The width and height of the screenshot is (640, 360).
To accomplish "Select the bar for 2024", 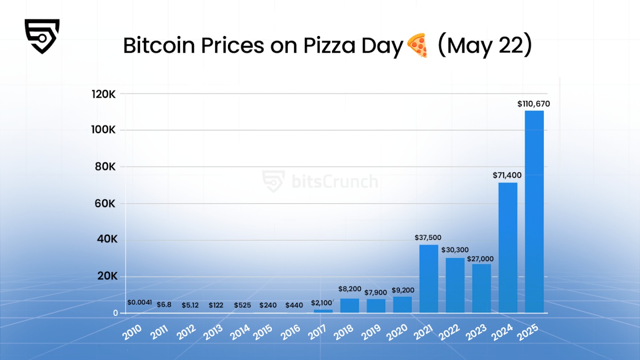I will (508, 248).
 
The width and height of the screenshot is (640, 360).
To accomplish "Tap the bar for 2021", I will (428, 279).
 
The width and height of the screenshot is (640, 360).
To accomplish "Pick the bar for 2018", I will (350, 305).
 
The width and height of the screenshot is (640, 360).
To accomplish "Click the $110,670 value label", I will (534, 104).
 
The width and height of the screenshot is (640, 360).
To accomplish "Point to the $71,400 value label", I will (507, 176).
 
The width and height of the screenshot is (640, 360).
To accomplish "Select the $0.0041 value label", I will (140, 303).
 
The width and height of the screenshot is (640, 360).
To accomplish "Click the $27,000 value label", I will (480, 259).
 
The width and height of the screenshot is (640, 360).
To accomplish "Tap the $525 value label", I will (242, 305).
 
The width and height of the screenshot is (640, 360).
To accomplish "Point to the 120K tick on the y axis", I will (104, 94).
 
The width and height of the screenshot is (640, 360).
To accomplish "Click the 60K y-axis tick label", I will (105, 204).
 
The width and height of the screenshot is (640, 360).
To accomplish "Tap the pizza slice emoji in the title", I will (417, 46).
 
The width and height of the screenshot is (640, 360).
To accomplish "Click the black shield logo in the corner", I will (42, 36).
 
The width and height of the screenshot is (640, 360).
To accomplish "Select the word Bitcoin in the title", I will (162, 46).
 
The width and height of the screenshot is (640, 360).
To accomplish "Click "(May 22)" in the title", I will (484, 46).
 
